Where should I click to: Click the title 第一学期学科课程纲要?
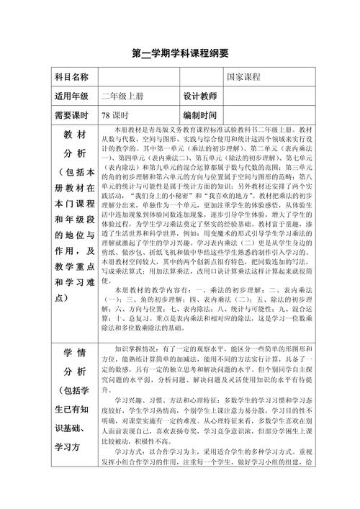coord(180,54)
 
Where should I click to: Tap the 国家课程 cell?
coord(243,77)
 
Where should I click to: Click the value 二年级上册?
coord(123,96)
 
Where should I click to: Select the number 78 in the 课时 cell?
coord(106,114)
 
